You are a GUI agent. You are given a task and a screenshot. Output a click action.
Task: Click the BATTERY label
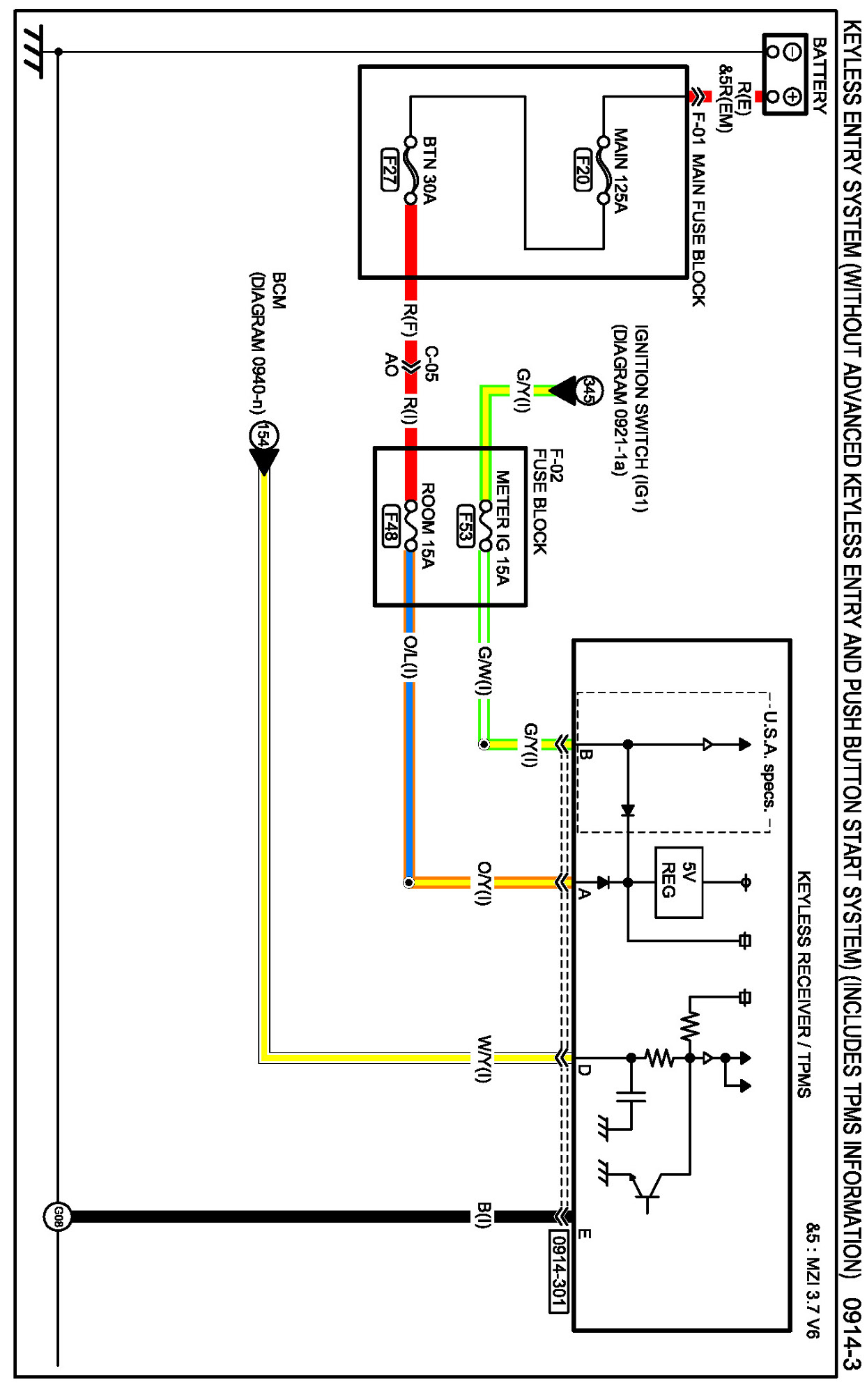tap(820, 76)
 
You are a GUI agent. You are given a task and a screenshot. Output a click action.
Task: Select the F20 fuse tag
tap(583, 169)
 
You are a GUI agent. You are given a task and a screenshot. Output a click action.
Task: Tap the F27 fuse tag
tap(390, 169)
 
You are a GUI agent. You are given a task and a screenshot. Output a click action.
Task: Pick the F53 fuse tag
tap(466, 526)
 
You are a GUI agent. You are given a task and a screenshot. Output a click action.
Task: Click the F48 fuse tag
tap(391, 526)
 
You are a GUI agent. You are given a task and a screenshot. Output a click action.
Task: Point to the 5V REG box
tap(678, 882)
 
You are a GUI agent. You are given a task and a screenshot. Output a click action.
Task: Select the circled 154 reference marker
tap(263, 437)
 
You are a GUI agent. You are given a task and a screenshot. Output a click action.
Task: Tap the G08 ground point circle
tap(58, 1216)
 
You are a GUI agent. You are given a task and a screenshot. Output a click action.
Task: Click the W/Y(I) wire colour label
tap(484, 1058)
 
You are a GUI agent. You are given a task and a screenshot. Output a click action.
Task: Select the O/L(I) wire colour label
tap(411, 657)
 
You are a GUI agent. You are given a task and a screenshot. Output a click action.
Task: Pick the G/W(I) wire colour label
tap(484, 670)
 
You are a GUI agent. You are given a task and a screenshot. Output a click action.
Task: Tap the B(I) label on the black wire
tap(484, 1215)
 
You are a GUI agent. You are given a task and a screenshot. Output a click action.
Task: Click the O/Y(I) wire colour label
tap(484, 883)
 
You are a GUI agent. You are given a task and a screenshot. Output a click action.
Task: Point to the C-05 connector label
tap(431, 364)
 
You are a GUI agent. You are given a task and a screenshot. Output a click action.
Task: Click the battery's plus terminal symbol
tap(792, 96)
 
